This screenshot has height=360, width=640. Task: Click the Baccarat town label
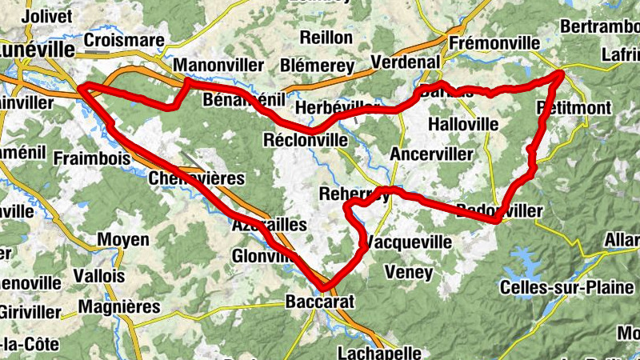[319, 302]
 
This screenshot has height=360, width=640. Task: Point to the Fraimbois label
[91, 158]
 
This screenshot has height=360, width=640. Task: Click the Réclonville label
[305, 140]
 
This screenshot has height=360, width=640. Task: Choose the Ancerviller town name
[428, 153]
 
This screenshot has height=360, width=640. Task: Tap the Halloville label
[464, 124]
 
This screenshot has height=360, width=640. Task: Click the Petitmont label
[574, 107]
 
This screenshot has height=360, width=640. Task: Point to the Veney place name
[408, 273]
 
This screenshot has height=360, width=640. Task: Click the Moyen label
[122, 239]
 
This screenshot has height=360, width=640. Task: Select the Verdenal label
[406, 62]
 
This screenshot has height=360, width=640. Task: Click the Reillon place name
[326, 37]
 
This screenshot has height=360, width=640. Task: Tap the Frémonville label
[491, 42]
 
